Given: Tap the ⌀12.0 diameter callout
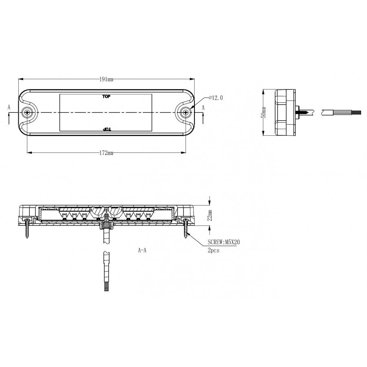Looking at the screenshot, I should (x=216, y=98).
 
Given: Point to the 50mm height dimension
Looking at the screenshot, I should (x=264, y=112).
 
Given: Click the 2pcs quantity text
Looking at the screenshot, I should (x=213, y=250).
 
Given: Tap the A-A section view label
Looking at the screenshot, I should (x=142, y=250).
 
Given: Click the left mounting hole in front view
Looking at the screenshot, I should (x=27, y=113).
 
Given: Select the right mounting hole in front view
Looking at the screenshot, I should (x=186, y=113).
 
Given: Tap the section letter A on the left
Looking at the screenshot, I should (x=9, y=107).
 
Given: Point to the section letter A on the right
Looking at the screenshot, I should (x=203, y=107).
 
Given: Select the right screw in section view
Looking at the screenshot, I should (x=186, y=228).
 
